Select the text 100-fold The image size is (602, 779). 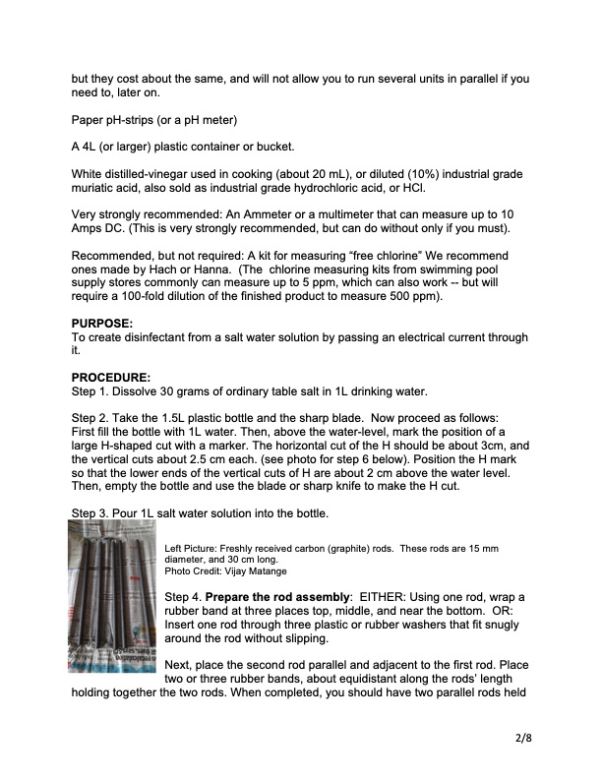tap(152, 296)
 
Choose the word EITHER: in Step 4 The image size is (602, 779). tap(385, 597)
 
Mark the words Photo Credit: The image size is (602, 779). tap(195, 570)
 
